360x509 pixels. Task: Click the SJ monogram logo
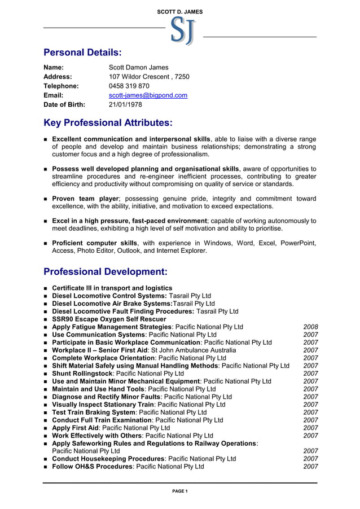[x=183, y=30]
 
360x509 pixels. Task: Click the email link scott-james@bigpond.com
[x=148, y=95]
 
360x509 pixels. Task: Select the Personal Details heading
[x=82, y=52]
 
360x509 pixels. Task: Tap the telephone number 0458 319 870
[x=129, y=86]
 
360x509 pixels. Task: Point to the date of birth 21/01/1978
[x=125, y=104]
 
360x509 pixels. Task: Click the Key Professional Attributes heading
[x=108, y=122]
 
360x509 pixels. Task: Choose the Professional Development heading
[x=106, y=271]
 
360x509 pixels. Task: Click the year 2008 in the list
[x=310, y=327]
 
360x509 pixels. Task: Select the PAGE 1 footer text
[x=180, y=491]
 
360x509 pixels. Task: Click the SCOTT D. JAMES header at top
[x=180, y=11]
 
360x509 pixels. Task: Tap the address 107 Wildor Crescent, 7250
[x=149, y=77]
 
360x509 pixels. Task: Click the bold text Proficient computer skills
[x=94, y=243]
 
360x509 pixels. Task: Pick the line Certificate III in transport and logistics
[x=112, y=288]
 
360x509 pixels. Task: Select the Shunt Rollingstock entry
[x=117, y=374]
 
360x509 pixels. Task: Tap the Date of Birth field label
[x=64, y=104]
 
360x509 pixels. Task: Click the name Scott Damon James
[x=138, y=67]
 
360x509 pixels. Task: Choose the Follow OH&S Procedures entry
[x=128, y=467]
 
